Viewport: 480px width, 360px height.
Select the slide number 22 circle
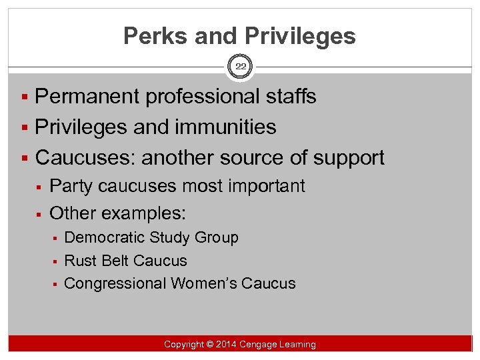tap(240, 67)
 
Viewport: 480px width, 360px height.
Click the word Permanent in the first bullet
tap(88, 97)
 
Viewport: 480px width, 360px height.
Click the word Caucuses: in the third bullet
tap(85, 157)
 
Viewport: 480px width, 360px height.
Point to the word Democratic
tap(105, 237)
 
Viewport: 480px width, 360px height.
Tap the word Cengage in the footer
tap(261, 345)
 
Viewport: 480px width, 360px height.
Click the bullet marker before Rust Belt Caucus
tap(57, 261)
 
